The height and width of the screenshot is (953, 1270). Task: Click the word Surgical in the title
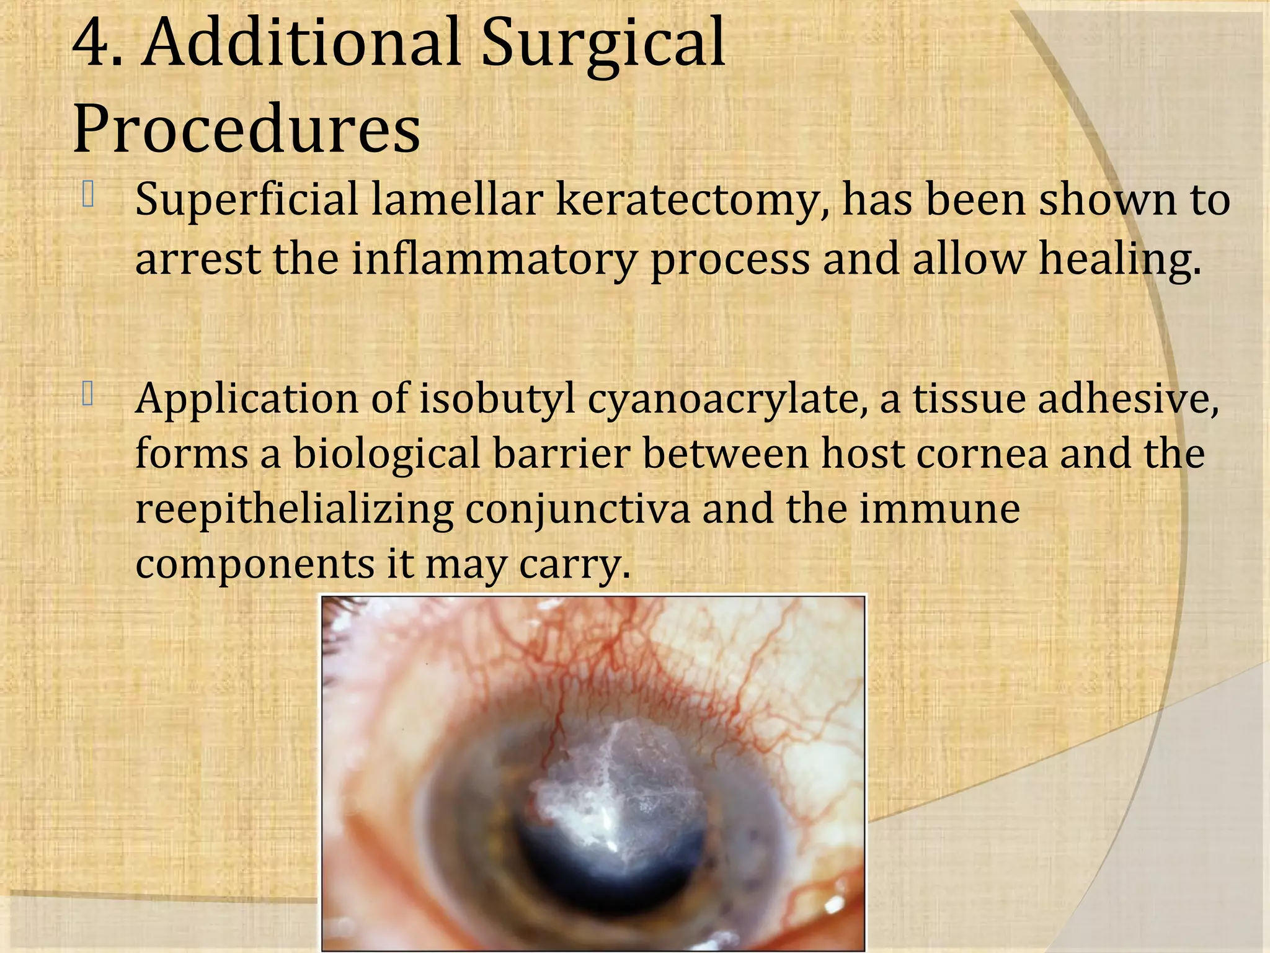click(x=603, y=45)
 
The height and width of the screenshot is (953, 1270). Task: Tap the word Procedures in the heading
click(x=247, y=129)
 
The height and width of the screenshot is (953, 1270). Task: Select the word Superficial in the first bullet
click(x=246, y=200)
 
